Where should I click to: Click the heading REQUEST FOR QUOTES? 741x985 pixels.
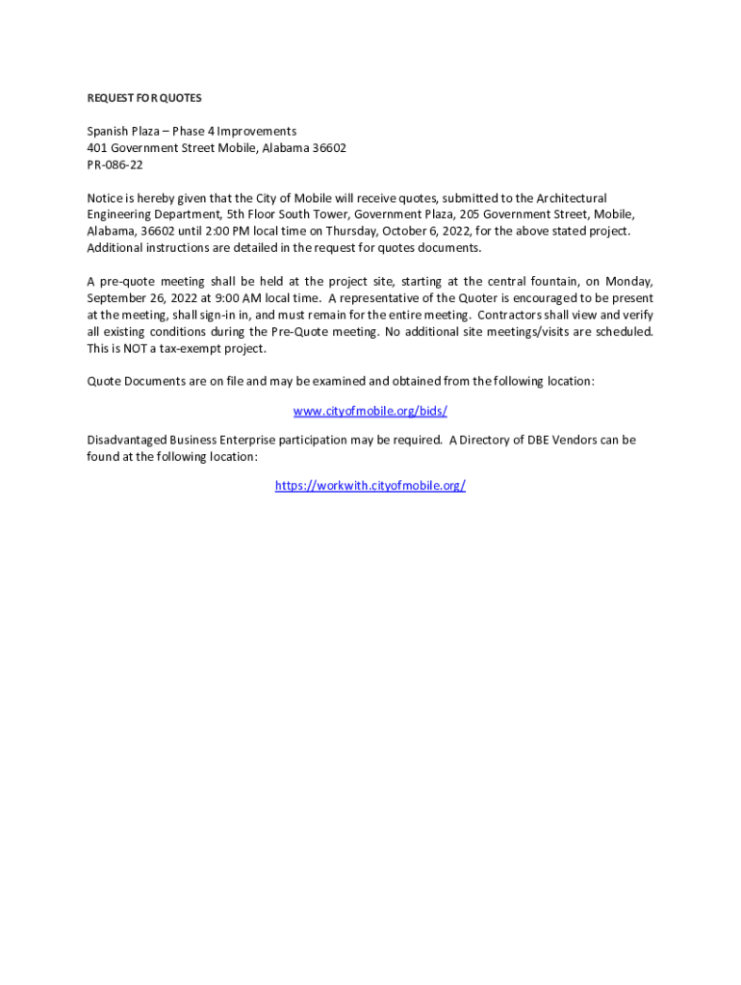pyautogui.click(x=144, y=98)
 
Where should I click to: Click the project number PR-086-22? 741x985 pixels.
pyautogui.click(x=115, y=164)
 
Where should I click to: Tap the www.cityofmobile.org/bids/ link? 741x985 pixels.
pyautogui.click(x=370, y=411)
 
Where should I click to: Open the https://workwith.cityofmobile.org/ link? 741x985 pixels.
pyautogui.click(x=370, y=486)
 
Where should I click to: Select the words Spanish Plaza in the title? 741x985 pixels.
pyautogui.click(x=122, y=131)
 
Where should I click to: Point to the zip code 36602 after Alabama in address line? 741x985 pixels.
pyautogui.click(x=328, y=148)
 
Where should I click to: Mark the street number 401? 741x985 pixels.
pyautogui.click(x=97, y=148)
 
